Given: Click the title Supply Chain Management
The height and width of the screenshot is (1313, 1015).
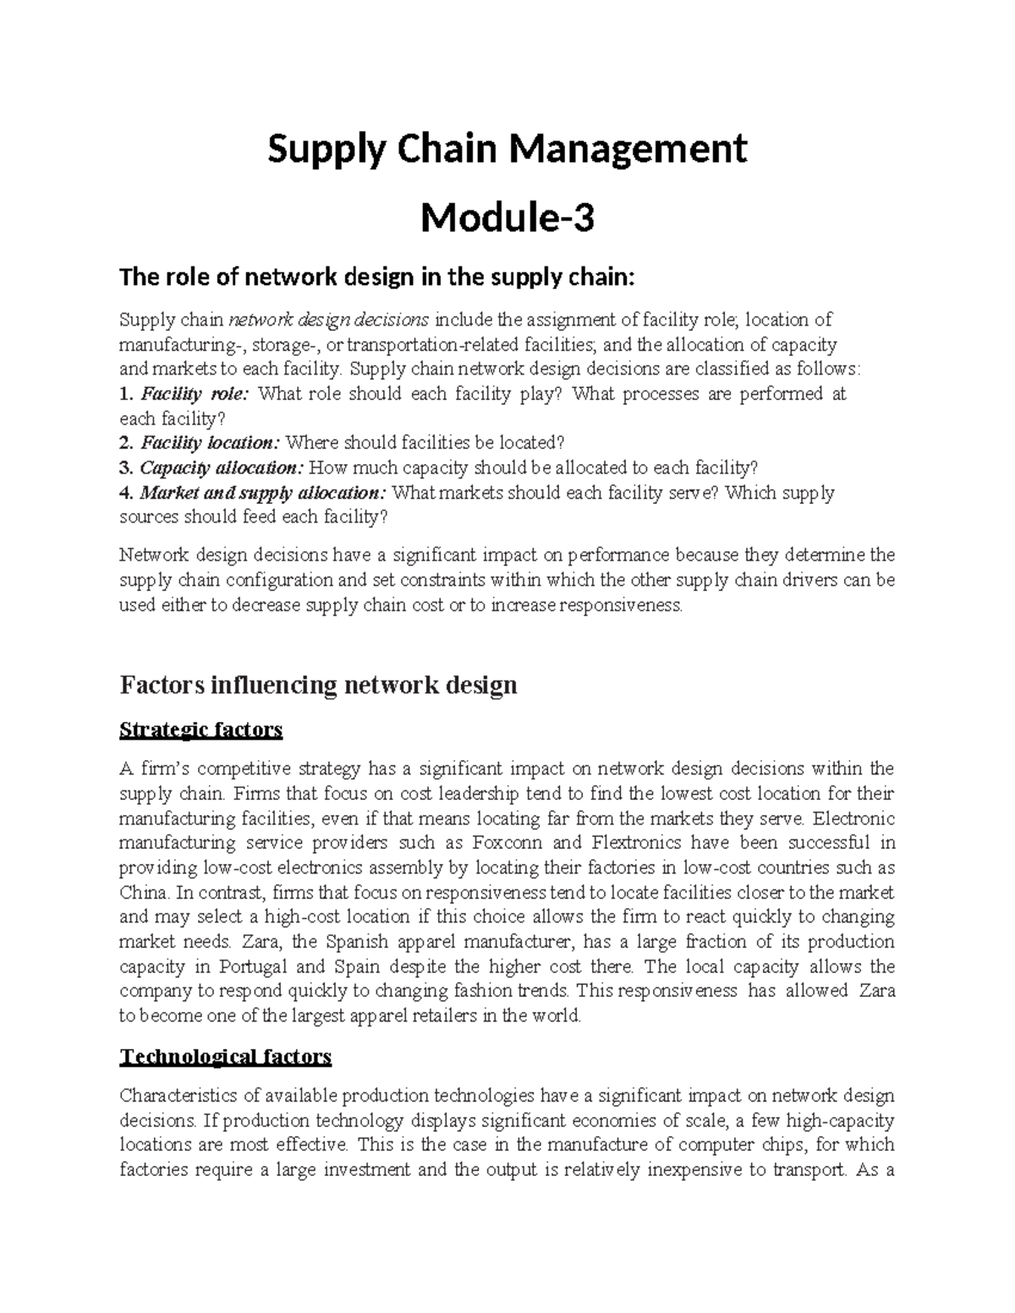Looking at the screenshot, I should [507, 150].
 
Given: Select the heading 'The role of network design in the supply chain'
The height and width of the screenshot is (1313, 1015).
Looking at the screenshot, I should [376, 276].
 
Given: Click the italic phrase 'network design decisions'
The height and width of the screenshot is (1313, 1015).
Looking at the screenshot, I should [330, 320].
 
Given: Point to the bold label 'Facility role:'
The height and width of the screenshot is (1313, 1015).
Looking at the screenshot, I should [195, 394].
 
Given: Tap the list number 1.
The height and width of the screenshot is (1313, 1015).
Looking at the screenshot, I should [125, 394].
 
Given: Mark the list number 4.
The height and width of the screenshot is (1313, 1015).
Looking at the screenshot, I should [125, 493].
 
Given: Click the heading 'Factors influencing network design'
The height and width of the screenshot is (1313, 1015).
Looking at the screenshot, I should [318, 684].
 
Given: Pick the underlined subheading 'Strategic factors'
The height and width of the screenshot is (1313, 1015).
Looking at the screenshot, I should [201, 730].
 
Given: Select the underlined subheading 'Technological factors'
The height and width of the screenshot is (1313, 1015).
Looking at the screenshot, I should [226, 1057].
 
